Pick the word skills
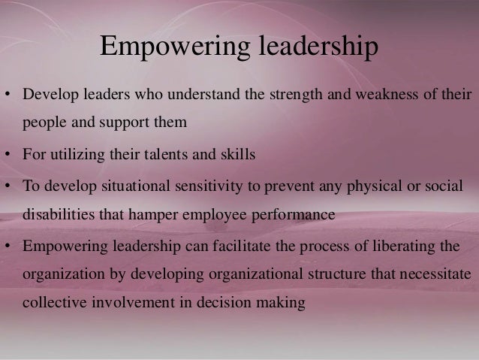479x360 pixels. [x=236, y=156]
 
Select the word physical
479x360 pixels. [x=372, y=186]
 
